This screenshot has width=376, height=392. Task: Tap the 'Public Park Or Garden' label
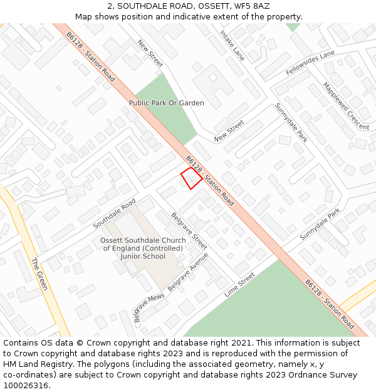(x=166, y=103)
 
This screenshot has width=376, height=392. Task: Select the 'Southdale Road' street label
(x=114, y=214)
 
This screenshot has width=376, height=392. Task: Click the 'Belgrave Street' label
(x=189, y=231)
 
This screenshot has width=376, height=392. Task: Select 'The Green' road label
(x=39, y=274)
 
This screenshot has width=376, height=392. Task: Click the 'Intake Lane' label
(x=232, y=45)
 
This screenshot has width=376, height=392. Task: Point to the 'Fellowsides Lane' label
(x=310, y=64)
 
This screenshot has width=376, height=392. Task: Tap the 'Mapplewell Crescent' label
(x=346, y=106)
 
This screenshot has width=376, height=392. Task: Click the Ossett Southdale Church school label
(x=143, y=248)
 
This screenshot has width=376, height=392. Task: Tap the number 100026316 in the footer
(x=26, y=385)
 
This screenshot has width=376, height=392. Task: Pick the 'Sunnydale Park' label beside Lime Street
(x=319, y=225)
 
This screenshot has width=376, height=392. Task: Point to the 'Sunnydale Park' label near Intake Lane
(x=291, y=123)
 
